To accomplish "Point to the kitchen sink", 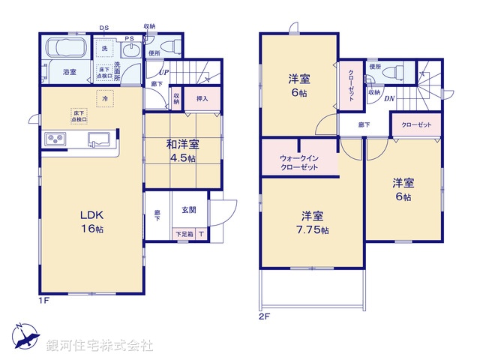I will pos(99,138).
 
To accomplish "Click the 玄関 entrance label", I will pos(187,211).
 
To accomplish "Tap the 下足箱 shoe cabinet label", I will pos(183,235).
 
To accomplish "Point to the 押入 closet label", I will pos(202,98).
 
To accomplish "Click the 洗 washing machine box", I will pos(104,49).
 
